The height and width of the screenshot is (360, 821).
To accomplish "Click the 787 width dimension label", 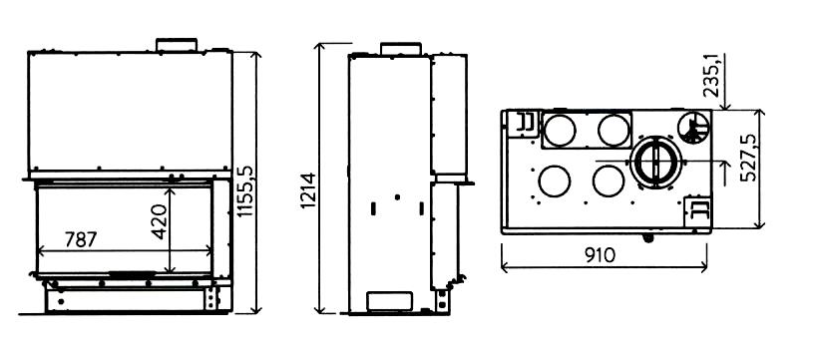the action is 81,239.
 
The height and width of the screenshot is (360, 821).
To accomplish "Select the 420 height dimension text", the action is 160,221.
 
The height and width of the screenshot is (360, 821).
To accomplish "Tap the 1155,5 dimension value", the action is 244,191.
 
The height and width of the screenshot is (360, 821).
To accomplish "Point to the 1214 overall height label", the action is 309,190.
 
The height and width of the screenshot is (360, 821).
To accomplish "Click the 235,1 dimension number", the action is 711,76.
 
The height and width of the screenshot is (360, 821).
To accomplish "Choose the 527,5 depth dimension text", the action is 748,158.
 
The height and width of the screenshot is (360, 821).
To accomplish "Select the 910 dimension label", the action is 601,255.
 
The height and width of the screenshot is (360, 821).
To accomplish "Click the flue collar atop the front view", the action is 177,45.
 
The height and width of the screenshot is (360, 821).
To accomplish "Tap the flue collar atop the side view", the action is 401,48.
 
